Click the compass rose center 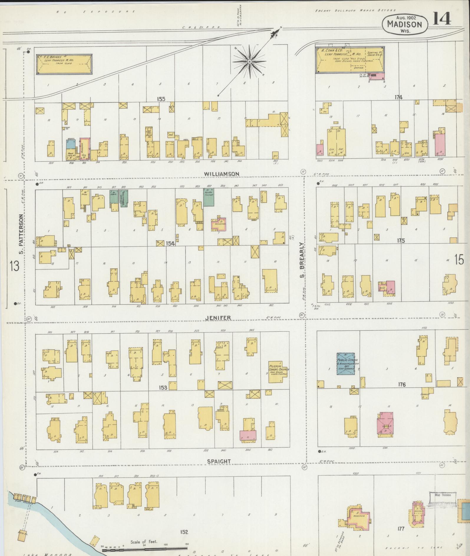coord(249,61)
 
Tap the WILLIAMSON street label coord(221,174)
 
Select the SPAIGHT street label coord(218,461)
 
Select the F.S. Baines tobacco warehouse coord(64,64)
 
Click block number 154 coord(170,244)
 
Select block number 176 coord(402,384)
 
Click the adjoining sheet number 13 coord(14,266)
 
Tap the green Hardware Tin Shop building coord(208,197)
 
